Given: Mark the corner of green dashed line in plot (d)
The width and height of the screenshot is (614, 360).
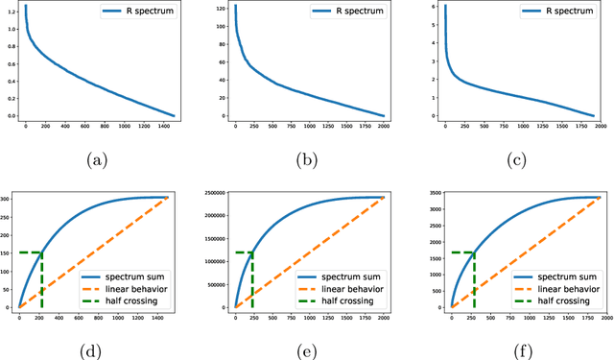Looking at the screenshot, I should (x=42, y=252).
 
